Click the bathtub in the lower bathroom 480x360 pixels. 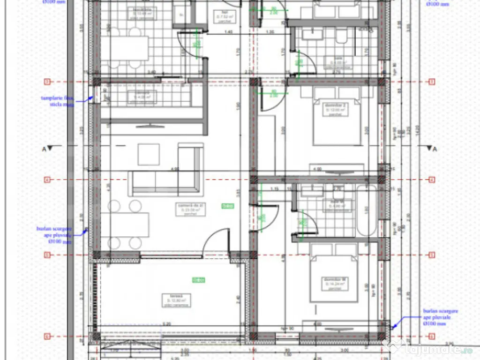point(367,211)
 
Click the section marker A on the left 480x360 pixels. point(46,149)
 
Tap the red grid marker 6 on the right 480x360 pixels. point(432,336)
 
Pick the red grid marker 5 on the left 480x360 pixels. point(47,255)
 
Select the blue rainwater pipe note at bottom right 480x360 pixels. point(440,317)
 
